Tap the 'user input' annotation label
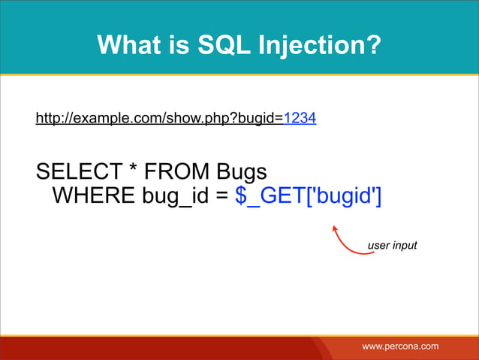pyautogui.click(x=391, y=246)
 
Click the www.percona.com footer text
pyautogui.click(x=400, y=345)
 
